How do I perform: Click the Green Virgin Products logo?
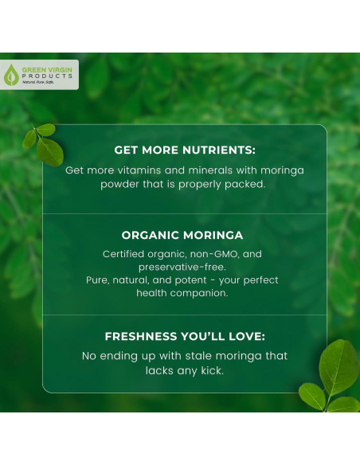point(40,74)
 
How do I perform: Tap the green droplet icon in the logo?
point(10,75)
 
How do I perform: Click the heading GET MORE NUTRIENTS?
point(184,149)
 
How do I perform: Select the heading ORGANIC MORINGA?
point(182,235)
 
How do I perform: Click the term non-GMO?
point(213,254)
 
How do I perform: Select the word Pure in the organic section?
point(99,280)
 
